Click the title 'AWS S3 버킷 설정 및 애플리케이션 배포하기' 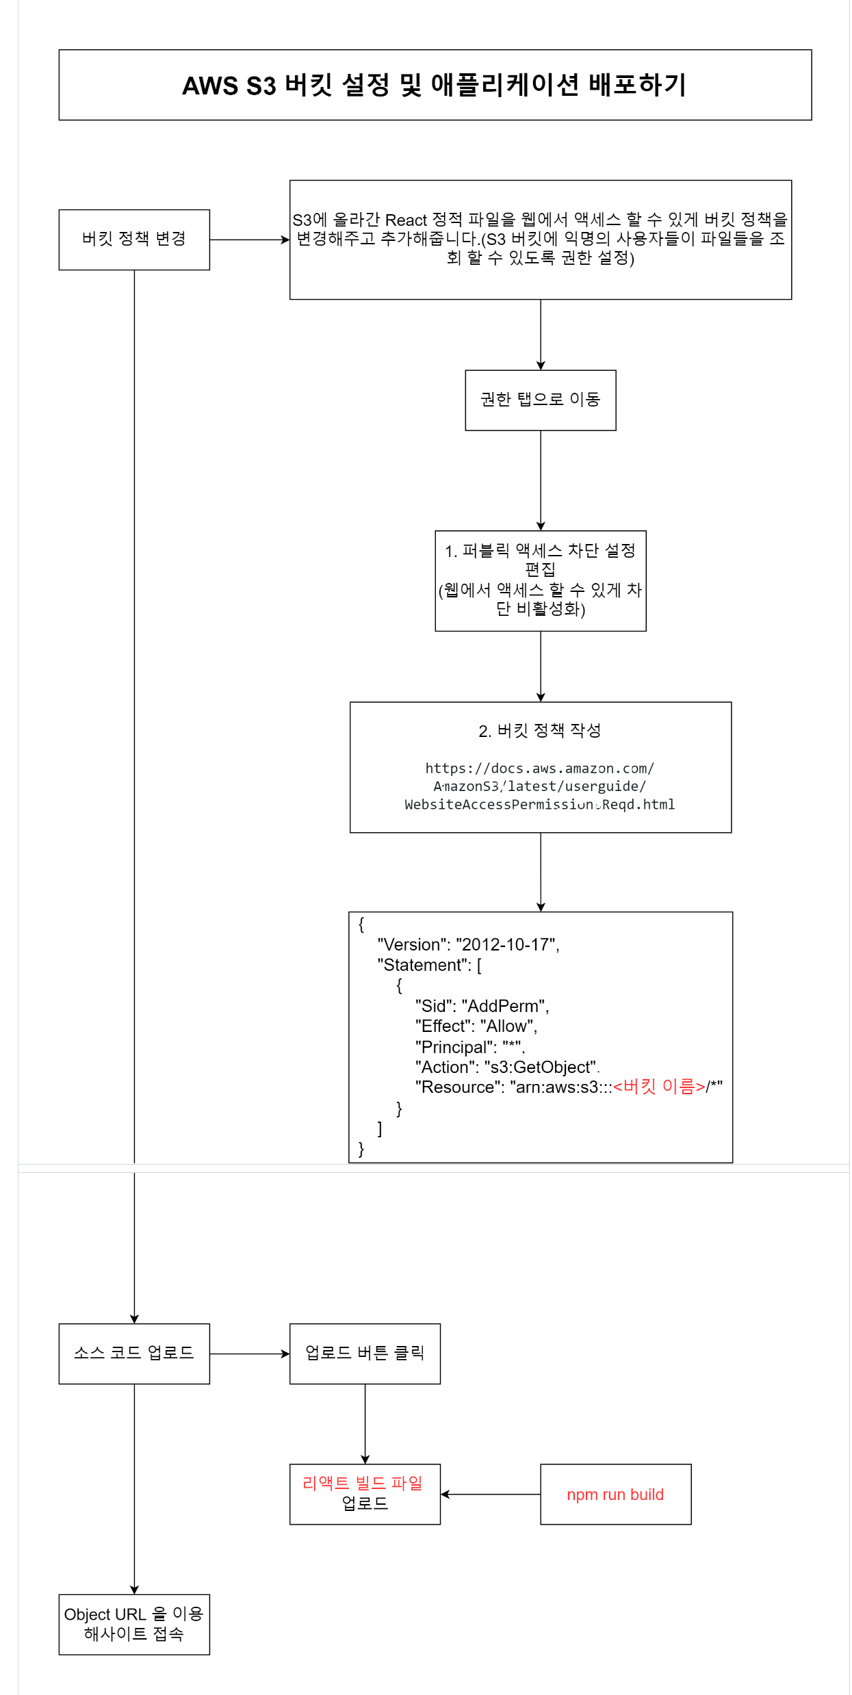point(435,86)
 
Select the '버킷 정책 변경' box point(134,239)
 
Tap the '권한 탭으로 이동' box point(540,400)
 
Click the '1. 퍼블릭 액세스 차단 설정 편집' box point(540,580)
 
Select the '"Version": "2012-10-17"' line point(468,945)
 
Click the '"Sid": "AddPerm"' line point(482,1006)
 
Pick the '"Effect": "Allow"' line point(476,1026)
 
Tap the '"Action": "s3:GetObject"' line point(506,1068)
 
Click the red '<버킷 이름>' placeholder point(658,1087)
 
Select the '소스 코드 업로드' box point(134,1353)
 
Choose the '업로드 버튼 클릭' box point(365,1353)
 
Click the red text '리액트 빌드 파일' point(363,1483)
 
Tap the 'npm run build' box point(615,1495)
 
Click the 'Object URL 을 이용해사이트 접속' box point(134,1624)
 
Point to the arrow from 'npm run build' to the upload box point(491,1495)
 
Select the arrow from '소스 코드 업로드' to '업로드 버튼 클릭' point(250,1354)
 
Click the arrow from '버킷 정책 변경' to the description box point(250,240)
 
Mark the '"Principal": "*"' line point(469,1047)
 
